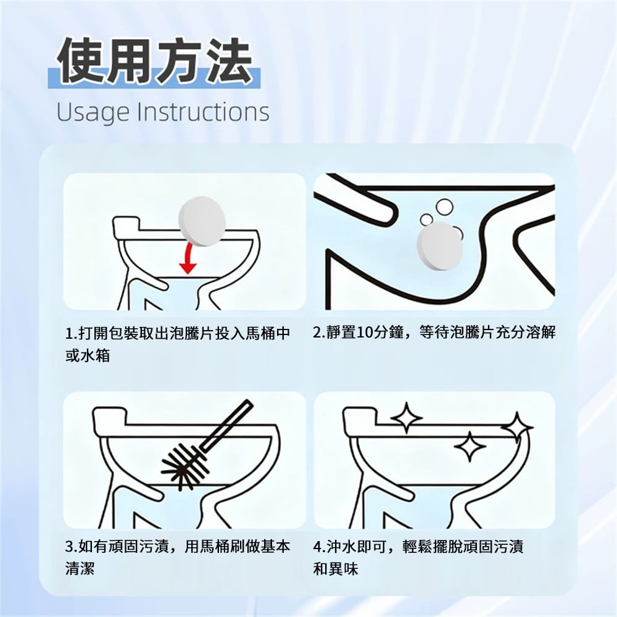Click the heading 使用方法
pos(155,60)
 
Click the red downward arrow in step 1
pos(188,258)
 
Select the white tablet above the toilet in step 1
pos(202,222)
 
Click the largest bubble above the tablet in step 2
pos(444,207)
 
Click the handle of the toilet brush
pos(226,426)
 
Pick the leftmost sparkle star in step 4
pos(406,418)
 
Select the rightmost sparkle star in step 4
pos(517,428)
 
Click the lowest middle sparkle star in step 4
pos(470,446)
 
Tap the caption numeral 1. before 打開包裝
pos(71,334)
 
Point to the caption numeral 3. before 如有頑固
pos(71,547)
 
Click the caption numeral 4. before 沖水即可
pos(319,547)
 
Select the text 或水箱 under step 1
pos(88,356)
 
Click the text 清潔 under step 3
pos(80,569)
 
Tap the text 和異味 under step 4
pos(335,569)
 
